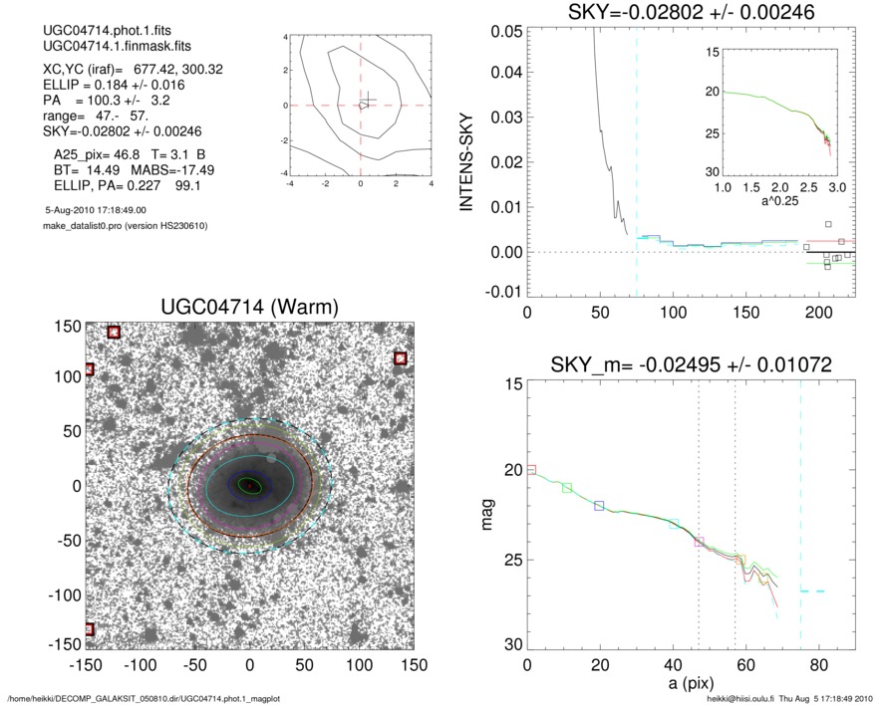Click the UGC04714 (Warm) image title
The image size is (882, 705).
(x=249, y=309)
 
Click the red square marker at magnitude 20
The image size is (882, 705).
(x=531, y=469)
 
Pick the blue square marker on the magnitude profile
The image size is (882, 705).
(x=599, y=506)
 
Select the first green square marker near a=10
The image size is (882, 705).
(x=567, y=487)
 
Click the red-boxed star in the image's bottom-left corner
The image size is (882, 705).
(x=89, y=629)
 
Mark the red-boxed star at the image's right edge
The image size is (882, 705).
(x=401, y=358)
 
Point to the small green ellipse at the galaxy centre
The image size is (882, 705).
(x=250, y=485)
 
